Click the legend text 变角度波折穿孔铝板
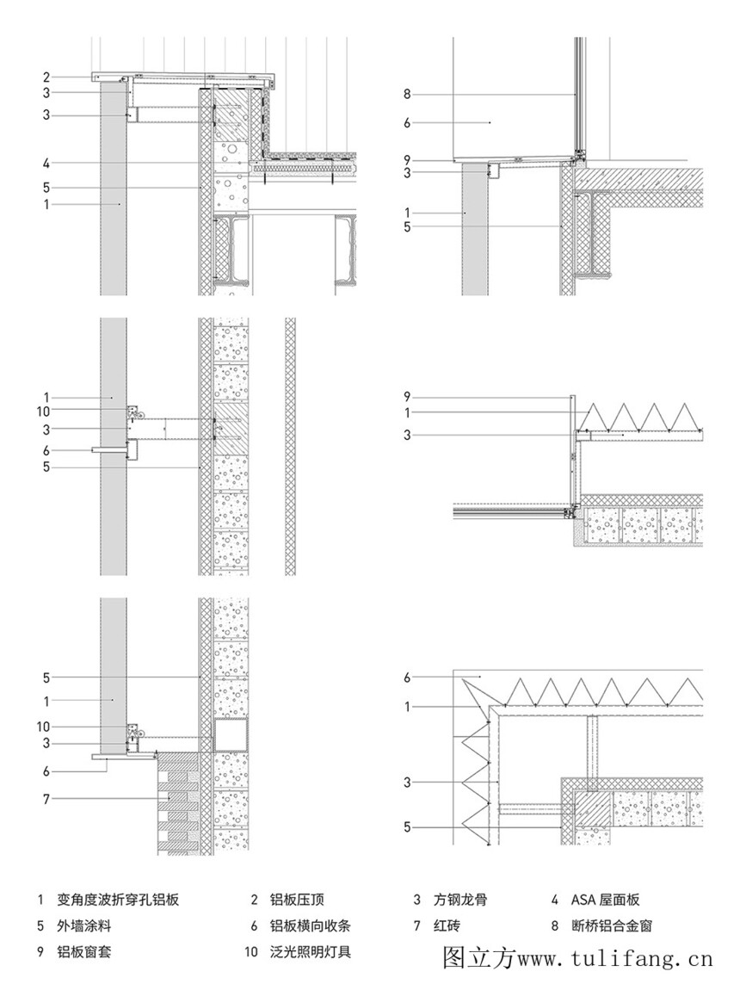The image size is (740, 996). tap(118, 900)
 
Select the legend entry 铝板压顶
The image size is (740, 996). tap(297, 900)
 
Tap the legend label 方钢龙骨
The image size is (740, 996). tap(460, 900)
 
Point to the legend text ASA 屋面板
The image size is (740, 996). tap(606, 900)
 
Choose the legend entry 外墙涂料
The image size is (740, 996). tap(83, 925)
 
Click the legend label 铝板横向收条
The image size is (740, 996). tap(310, 925)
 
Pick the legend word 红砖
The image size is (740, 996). tap(447, 925)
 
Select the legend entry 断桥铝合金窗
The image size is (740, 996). tap(611, 925)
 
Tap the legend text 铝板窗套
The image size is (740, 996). tap(83, 951)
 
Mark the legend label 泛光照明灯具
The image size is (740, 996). tap(310, 951)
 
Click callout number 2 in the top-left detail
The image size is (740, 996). tap(46, 77)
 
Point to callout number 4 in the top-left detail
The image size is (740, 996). tap(46, 164)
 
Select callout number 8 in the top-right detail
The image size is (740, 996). tap(407, 95)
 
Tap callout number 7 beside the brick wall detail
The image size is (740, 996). tap(46, 799)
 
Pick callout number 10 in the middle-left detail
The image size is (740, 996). tap(43, 411)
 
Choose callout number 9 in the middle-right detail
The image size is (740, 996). tap(407, 398)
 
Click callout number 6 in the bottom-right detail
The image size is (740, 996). tap(407, 677)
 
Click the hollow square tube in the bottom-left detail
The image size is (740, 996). tap(231, 736)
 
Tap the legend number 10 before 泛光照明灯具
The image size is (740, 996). tap(251, 951)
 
